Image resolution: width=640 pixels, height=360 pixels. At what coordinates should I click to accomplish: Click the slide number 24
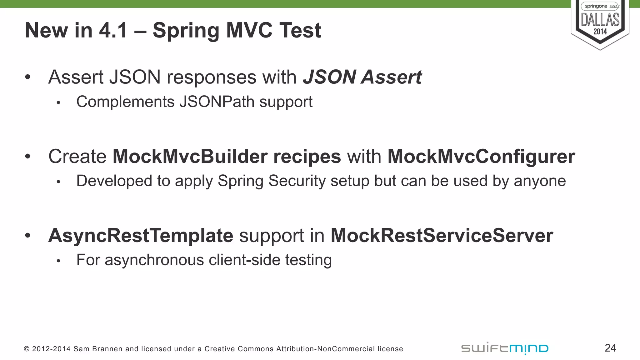(610, 348)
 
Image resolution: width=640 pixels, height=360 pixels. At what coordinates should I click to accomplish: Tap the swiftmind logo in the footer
(505, 348)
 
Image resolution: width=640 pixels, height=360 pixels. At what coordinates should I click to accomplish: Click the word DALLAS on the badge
(600, 20)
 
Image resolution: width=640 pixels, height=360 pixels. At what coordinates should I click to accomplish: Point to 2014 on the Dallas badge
(600, 32)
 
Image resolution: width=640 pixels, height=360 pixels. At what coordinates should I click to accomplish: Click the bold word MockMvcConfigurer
(481, 156)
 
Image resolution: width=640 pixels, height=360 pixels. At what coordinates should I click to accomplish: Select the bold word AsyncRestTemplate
(141, 235)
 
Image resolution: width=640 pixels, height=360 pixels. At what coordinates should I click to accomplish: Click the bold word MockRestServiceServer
(442, 235)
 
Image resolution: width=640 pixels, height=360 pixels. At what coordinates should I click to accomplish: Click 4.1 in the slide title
(113, 31)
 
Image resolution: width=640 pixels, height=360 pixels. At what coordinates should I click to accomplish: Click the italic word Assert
(391, 77)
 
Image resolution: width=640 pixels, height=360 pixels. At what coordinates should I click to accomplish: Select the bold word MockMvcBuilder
(190, 156)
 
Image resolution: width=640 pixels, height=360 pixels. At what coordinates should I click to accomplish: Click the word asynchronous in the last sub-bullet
(154, 260)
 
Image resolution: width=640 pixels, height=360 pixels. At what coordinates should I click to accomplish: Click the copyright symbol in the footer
(27, 349)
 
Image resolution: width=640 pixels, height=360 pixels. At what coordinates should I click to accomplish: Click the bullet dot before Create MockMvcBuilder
(28, 156)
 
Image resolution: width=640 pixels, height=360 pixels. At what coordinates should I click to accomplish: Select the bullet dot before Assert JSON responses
(28, 77)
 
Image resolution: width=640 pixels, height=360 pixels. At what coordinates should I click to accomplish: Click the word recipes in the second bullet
(307, 156)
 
